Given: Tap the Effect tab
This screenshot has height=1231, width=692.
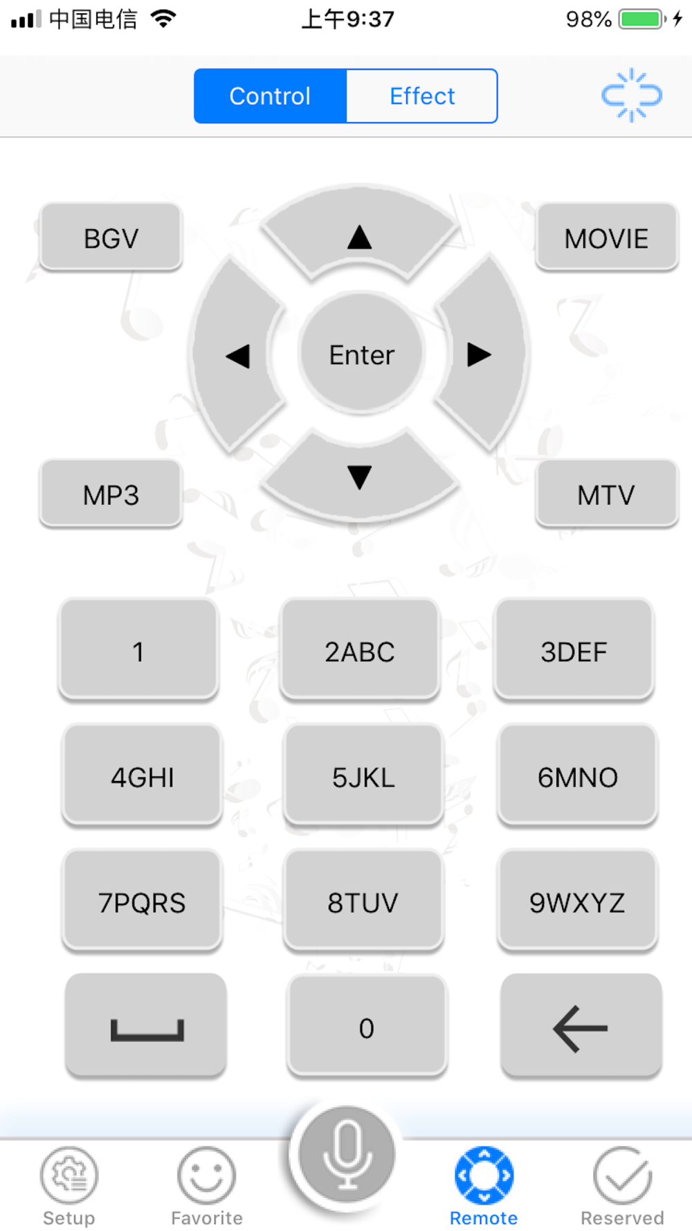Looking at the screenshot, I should pyautogui.click(x=421, y=96).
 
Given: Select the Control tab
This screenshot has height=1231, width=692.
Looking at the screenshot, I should pyautogui.click(x=270, y=96).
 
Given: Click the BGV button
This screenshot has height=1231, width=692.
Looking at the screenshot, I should pyautogui.click(x=111, y=238).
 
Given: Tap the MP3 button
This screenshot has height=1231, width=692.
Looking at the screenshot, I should pyautogui.click(x=111, y=494).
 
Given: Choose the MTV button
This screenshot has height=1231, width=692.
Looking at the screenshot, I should pyautogui.click(x=606, y=494).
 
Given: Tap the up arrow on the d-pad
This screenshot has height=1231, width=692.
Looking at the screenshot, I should pyautogui.click(x=359, y=235).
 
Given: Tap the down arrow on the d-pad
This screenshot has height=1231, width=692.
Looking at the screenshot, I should pyautogui.click(x=359, y=476).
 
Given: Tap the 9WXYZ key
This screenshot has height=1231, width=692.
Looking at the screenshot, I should pyautogui.click(x=577, y=902).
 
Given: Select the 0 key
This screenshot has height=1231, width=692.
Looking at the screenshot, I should pyautogui.click(x=367, y=1027).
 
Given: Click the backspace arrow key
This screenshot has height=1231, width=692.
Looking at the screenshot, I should pyautogui.click(x=581, y=1027).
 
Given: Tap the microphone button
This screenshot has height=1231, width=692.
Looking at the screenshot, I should pyautogui.click(x=346, y=1155).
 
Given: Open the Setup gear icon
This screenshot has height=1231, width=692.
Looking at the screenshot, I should pyautogui.click(x=69, y=1176).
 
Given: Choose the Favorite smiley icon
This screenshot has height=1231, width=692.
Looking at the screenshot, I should pyautogui.click(x=207, y=1176).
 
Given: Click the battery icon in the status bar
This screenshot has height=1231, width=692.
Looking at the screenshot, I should pyautogui.click(x=641, y=19).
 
